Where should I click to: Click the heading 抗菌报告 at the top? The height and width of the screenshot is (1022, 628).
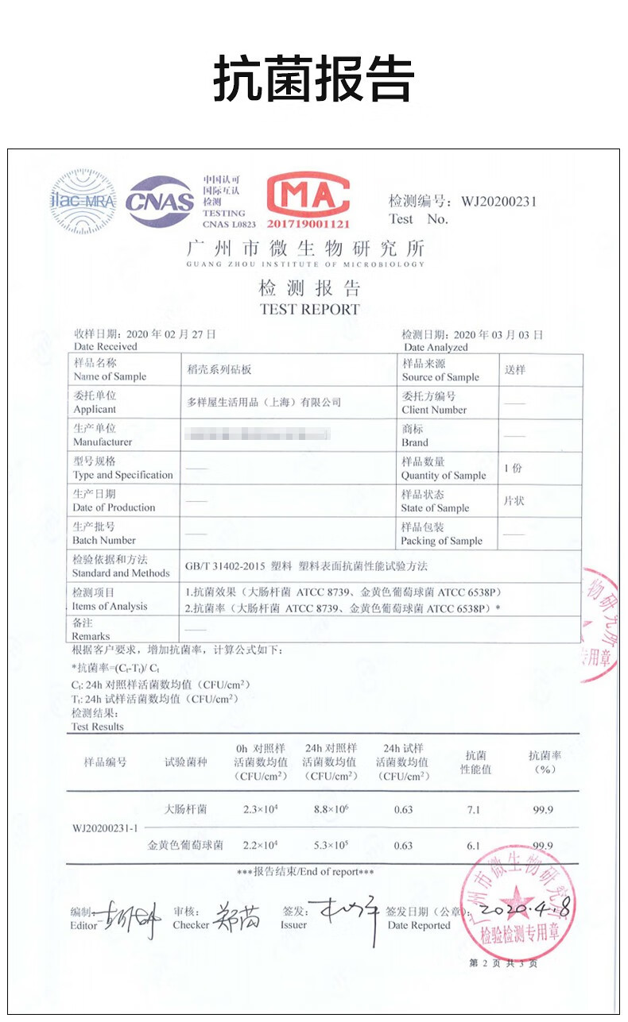pyautogui.click(x=313, y=79)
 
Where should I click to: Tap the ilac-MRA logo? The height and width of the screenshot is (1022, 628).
pyautogui.click(x=83, y=201)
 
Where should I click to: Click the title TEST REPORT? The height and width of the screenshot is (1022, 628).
pyautogui.click(x=309, y=310)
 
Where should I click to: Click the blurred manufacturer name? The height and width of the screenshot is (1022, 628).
pyautogui.click(x=257, y=434)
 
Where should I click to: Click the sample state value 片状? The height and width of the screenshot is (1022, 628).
pyautogui.click(x=514, y=501)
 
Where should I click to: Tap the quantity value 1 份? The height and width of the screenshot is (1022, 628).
pyautogui.click(x=514, y=469)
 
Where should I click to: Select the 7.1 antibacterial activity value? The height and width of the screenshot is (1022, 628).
pyautogui.click(x=474, y=810)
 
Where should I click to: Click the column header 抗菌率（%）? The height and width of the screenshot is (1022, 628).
pyautogui.click(x=545, y=762)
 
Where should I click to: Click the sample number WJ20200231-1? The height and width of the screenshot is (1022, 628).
pyautogui.click(x=105, y=827)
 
